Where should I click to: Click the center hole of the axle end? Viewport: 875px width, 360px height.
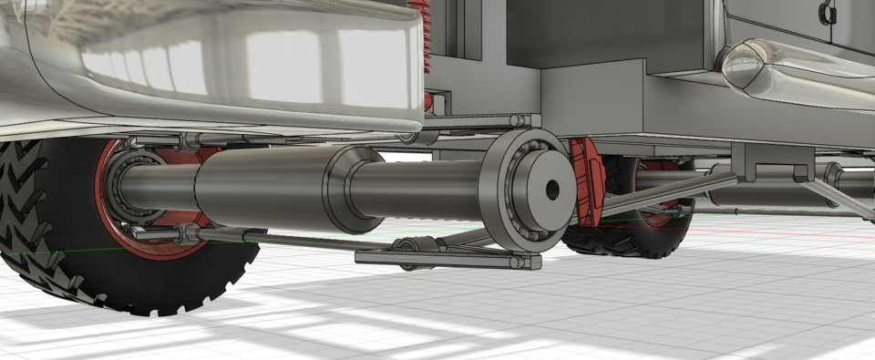(552, 190)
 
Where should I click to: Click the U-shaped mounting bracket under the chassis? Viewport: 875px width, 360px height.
(774, 165)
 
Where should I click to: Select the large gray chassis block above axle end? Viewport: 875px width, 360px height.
(592, 100)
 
